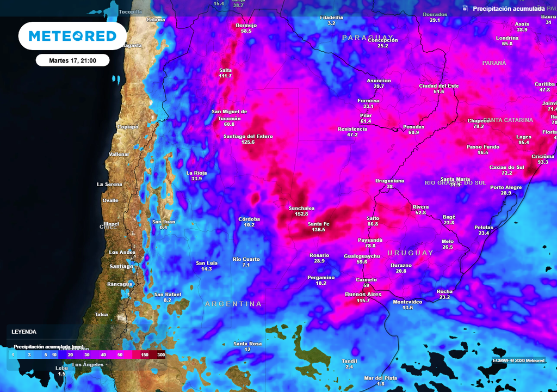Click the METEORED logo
[x=72, y=36]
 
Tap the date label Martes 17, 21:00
[x=72, y=60]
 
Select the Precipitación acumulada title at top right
[x=508, y=9]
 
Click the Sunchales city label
[x=301, y=208]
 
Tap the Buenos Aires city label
[x=363, y=295]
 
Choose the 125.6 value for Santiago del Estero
[x=248, y=142]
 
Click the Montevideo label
[x=407, y=302]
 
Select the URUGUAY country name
[x=410, y=253]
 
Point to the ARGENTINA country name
[x=233, y=304]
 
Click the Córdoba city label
[x=249, y=219]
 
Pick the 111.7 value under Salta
[x=225, y=76]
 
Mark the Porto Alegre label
[x=506, y=187]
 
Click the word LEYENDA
[x=24, y=332]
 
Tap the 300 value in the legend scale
[x=161, y=355]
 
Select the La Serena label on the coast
[x=109, y=184]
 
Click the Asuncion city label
[x=379, y=81]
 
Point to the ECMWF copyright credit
[x=518, y=360]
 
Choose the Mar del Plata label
[x=380, y=378]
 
